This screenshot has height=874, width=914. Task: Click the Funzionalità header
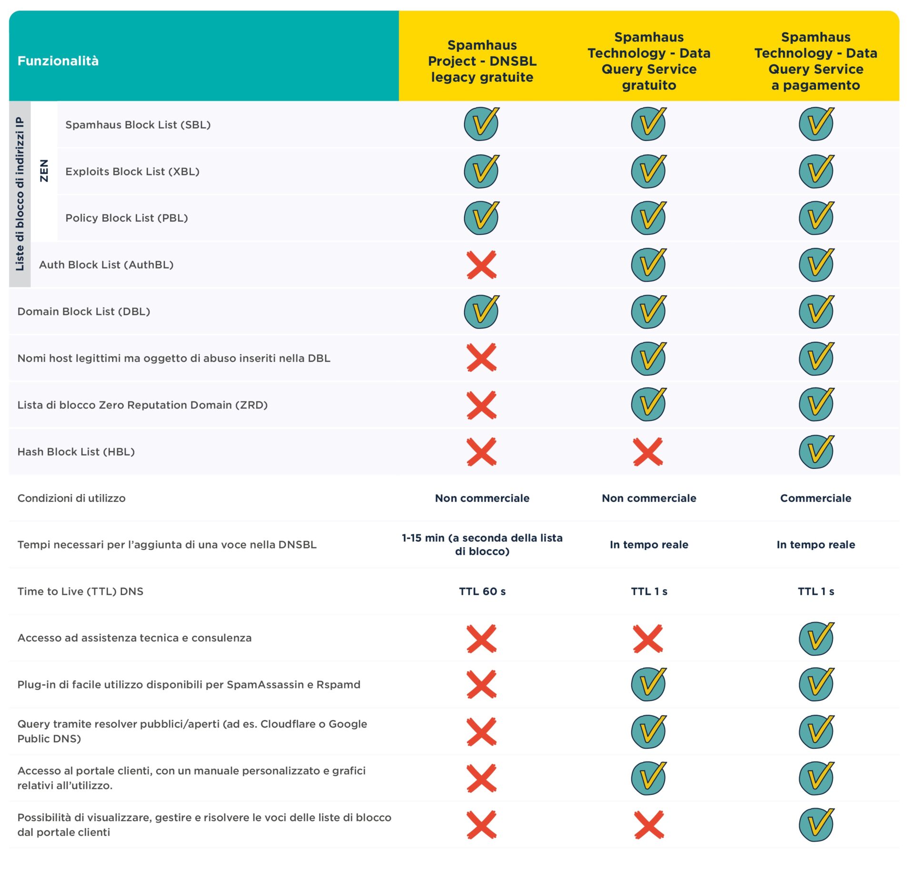[58, 61]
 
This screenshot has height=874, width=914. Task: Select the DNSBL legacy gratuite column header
[482, 61]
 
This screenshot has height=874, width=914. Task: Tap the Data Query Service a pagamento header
[815, 61]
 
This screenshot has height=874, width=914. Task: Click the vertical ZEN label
[44, 170]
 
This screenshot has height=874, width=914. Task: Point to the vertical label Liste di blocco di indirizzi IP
[20, 194]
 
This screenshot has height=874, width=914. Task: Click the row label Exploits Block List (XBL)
[132, 171]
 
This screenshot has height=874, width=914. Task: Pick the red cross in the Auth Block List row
[481, 265]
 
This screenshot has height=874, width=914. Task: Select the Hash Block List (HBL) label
[76, 452]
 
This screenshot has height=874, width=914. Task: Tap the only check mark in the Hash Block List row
[816, 452]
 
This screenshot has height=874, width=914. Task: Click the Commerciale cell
[815, 498]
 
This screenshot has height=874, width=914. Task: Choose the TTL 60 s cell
[482, 591]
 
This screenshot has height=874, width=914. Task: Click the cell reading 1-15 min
[482, 545]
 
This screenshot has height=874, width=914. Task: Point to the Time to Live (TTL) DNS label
[80, 591]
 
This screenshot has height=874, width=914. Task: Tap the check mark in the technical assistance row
[816, 638]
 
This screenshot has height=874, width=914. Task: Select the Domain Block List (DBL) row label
[84, 311]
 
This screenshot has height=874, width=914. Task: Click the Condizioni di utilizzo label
[71, 498]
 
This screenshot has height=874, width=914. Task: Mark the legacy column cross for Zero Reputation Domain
[481, 405]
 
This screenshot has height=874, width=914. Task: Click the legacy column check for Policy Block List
[481, 218]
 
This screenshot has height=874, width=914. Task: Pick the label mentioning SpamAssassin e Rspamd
[189, 685]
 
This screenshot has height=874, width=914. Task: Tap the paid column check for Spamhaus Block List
[816, 124]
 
